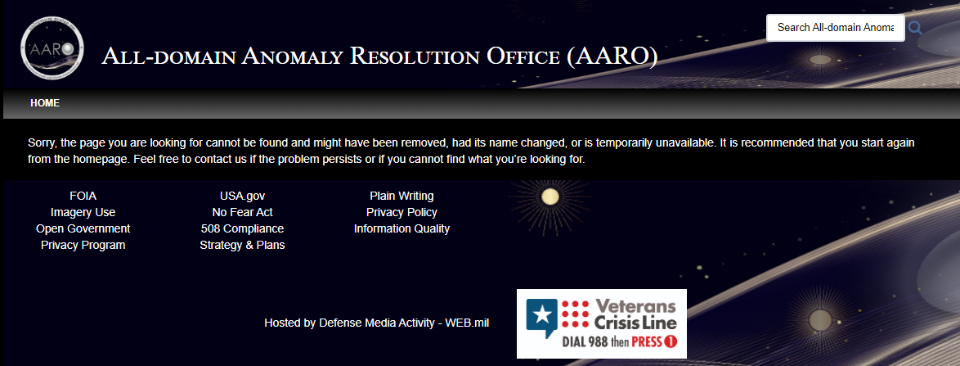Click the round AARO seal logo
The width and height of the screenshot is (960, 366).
tap(52, 48)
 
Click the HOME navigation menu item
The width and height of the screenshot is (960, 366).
tap(45, 103)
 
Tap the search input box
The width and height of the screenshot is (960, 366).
tap(835, 28)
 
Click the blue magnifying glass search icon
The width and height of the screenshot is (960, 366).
tap(915, 28)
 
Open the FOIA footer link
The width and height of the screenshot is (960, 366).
tap(83, 197)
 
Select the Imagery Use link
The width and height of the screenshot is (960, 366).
tap(83, 212)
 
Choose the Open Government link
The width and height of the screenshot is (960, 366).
tap(83, 228)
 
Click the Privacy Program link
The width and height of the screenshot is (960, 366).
tap(83, 245)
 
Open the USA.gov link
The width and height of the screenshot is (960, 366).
tap(242, 197)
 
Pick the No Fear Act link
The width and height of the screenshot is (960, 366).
tap(242, 212)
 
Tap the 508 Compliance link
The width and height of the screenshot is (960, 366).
tap(242, 228)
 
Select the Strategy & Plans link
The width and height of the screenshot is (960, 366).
tap(242, 245)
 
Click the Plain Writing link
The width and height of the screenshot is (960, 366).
tap(401, 197)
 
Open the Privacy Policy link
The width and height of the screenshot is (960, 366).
tap(401, 212)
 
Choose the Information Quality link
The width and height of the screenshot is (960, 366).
tap(401, 228)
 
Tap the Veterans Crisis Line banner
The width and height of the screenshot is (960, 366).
tap(602, 323)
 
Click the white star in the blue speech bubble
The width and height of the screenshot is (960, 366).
tap(541, 314)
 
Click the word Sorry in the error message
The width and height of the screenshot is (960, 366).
tap(43, 143)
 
